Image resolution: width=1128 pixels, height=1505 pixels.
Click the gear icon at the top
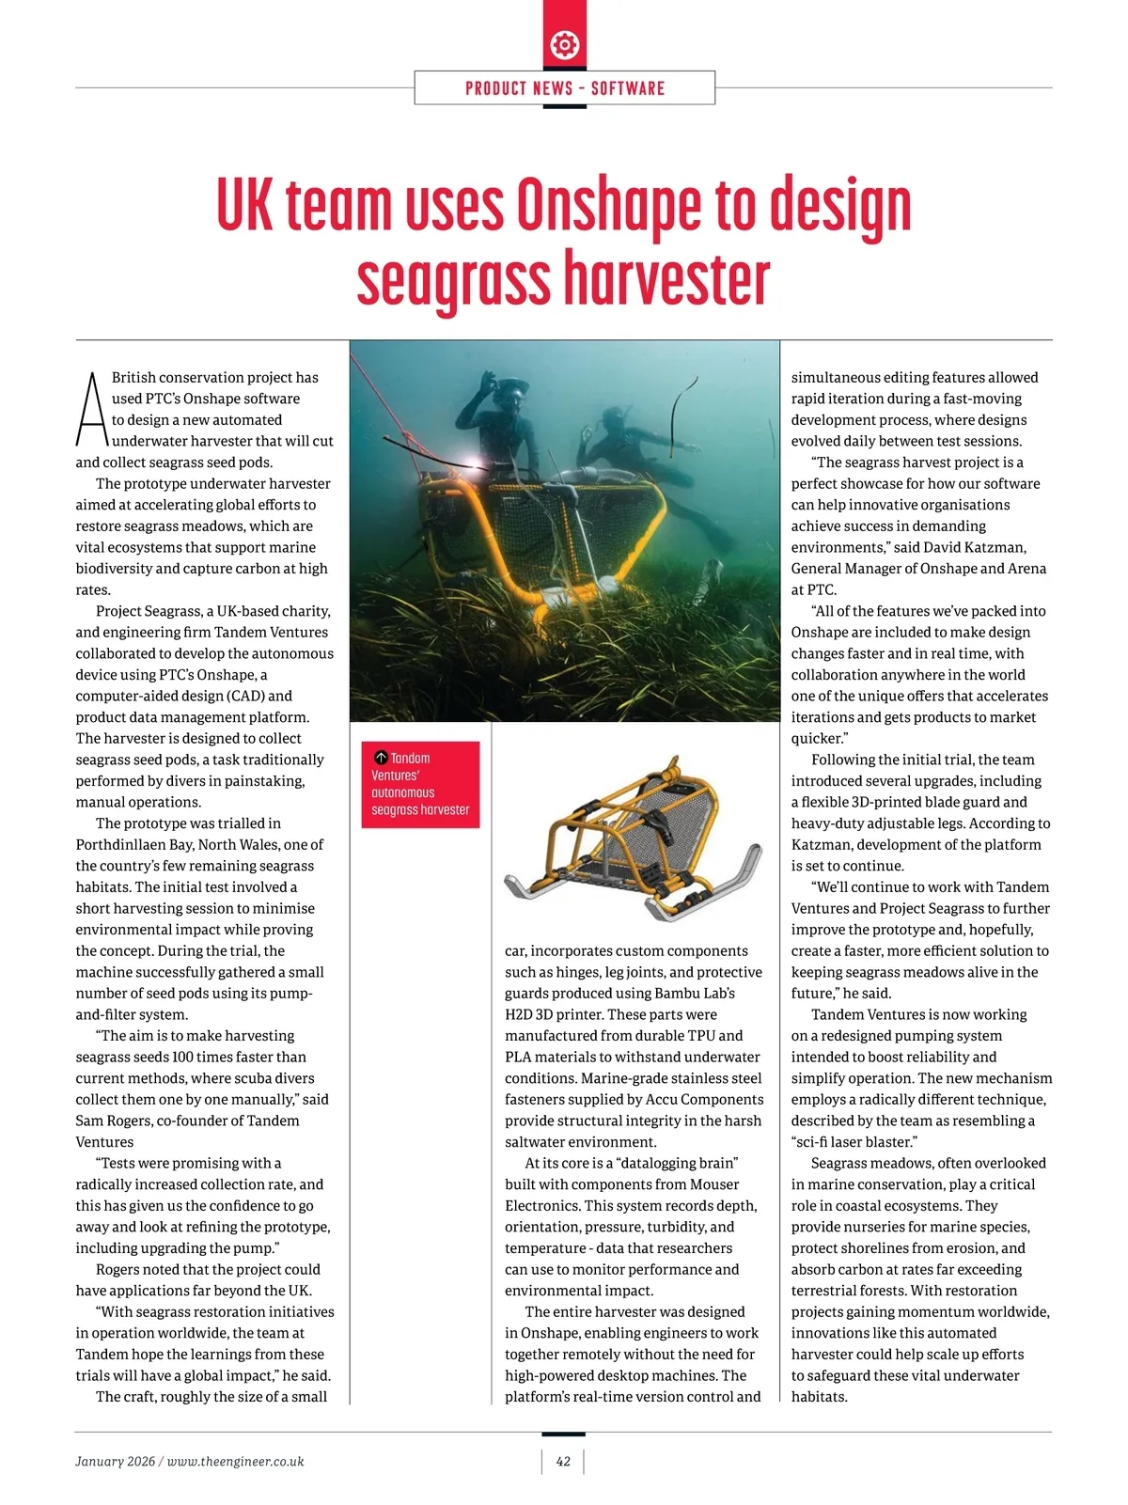tap(564, 44)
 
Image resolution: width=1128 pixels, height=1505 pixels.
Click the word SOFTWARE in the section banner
tap(628, 88)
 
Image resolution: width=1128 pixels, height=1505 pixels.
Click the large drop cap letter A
tap(91, 410)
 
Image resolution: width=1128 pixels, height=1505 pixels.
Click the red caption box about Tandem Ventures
tap(420, 784)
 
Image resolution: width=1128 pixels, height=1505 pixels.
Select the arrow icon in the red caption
tap(381, 758)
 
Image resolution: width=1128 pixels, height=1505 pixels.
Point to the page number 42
tap(563, 1461)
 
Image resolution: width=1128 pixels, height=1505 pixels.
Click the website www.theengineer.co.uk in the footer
tap(235, 1462)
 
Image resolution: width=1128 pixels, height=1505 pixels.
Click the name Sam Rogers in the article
tap(115, 1121)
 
